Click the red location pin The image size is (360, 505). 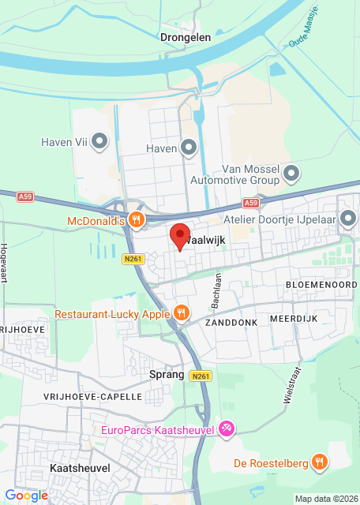click(179, 236)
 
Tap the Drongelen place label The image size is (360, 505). click(184, 36)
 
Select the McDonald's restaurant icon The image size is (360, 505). click(137, 221)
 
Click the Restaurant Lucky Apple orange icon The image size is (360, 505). click(182, 314)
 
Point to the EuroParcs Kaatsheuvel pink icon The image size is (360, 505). click(227, 429)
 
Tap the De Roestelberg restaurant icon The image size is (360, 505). click(320, 462)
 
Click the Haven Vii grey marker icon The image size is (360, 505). click(99, 143)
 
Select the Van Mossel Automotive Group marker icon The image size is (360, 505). click(291, 173)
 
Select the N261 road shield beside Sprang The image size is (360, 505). click(201, 376)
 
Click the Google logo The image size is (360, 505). click(26, 495)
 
